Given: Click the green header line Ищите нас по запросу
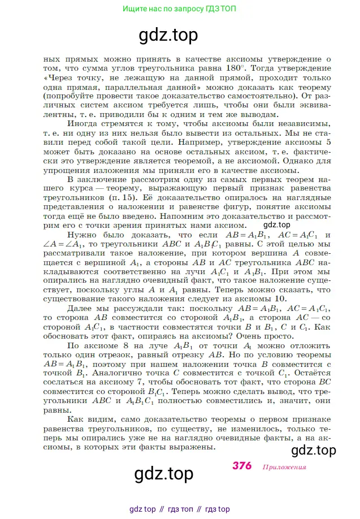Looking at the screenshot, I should point(180,8).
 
